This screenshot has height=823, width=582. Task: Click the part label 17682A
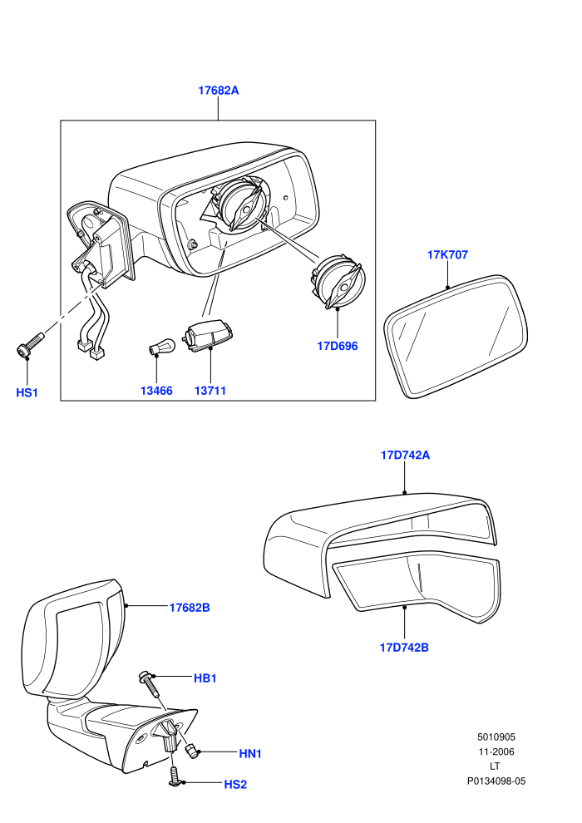[218, 91]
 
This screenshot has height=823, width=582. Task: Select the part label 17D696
[337, 346]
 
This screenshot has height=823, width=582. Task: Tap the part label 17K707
[447, 254]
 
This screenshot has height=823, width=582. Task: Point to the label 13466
[156, 391]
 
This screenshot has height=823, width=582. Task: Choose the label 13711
[210, 391]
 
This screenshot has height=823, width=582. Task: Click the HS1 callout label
[27, 392]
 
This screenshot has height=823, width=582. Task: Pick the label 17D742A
[405, 455]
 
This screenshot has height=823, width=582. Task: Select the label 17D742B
[404, 647]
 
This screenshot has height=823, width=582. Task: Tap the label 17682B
[190, 608]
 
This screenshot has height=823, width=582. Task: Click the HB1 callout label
[205, 678]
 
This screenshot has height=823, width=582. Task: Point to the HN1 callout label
[250, 754]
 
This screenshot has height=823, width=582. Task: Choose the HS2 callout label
[235, 784]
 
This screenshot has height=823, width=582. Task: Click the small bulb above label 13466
[155, 347]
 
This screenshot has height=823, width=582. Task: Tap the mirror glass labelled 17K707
[456, 336]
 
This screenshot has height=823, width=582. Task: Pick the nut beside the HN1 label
[193, 751]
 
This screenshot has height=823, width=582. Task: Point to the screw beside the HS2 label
[175, 776]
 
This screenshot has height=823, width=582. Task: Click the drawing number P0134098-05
[496, 781]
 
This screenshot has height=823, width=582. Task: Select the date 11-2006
[496, 752]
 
